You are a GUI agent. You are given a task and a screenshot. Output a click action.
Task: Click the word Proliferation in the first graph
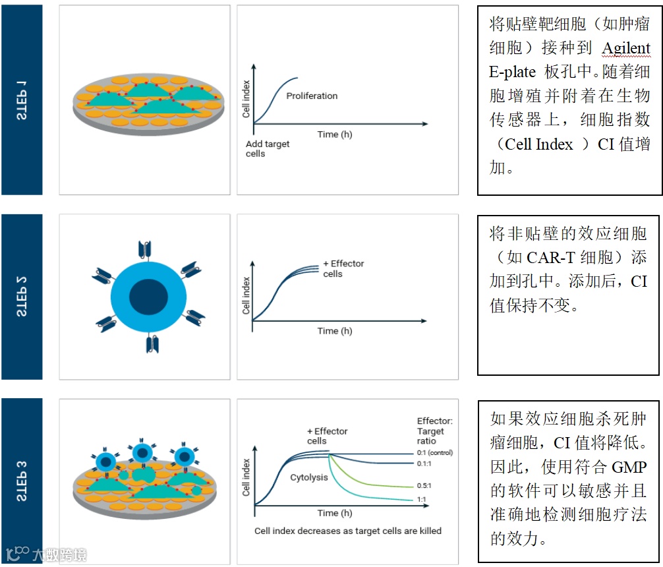312,96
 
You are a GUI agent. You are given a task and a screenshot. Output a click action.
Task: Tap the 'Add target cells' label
267,149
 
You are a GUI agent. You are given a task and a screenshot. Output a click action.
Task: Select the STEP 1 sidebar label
22,99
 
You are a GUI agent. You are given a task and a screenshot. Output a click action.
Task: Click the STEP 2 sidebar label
22,297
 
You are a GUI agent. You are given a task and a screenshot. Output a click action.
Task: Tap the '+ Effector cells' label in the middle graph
343,268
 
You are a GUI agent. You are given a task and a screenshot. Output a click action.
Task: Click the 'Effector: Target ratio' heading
434,431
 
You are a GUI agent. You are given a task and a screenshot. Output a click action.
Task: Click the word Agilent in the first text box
626,48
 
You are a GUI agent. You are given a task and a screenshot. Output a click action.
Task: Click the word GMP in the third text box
629,467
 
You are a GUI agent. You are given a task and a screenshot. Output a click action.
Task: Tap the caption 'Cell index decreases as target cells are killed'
348,531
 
